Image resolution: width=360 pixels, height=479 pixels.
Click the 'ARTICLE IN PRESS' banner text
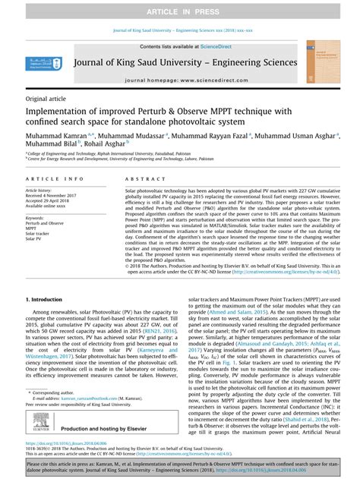coord(180,12)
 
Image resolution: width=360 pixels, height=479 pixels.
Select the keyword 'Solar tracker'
coord(39,233)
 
